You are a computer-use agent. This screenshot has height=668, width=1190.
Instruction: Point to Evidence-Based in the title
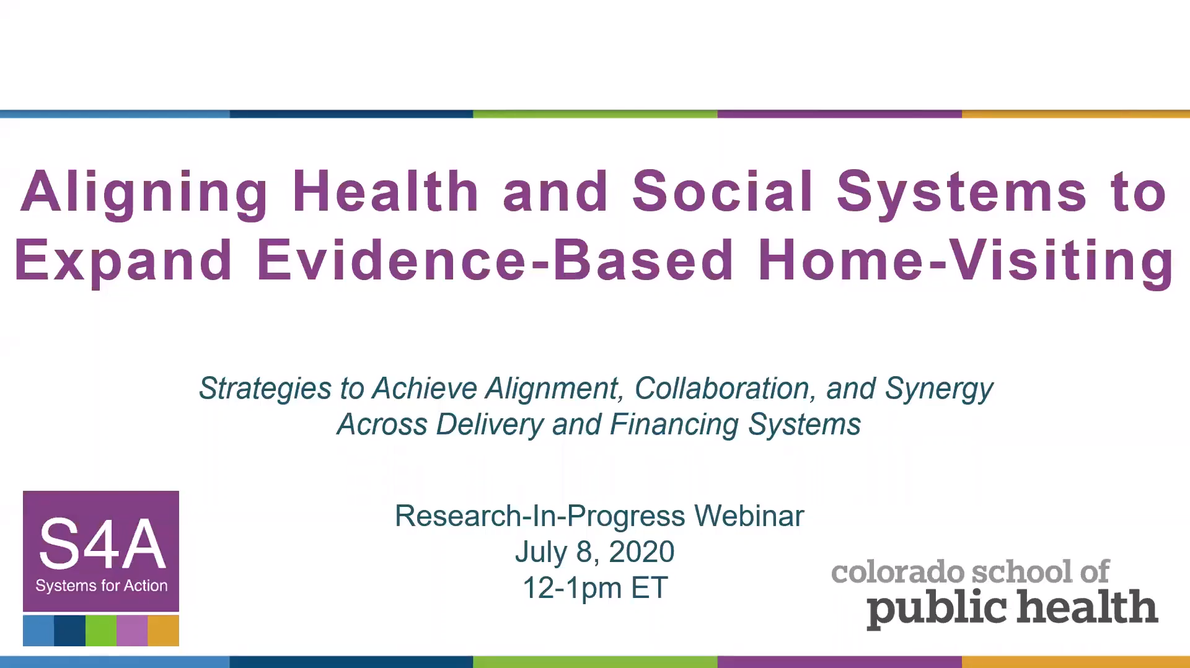point(495,260)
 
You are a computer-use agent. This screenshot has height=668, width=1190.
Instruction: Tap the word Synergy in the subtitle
point(939,390)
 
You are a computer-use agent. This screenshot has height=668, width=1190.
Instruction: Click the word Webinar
point(749,516)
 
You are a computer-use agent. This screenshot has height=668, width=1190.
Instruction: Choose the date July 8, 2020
point(595,552)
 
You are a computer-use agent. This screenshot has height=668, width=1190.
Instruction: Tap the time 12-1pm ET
point(595,588)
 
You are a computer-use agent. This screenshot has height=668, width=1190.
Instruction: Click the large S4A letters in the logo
point(102,544)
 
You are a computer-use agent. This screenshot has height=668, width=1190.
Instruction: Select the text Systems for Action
point(102,586)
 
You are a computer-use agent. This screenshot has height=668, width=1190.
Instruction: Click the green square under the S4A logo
point(101,631)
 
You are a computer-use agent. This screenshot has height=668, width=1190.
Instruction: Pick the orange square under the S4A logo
point(164,631)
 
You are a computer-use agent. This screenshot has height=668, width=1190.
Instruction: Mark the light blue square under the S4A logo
point(38,631)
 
